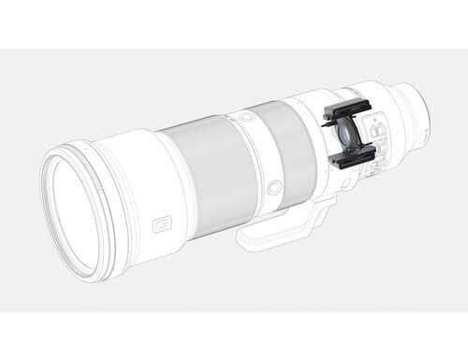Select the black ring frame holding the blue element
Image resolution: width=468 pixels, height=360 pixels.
tap(340, 136)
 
